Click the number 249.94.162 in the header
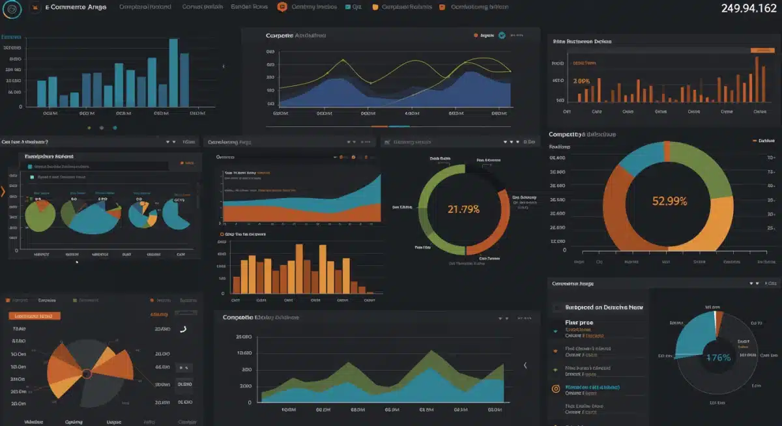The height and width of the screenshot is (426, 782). point(748,8)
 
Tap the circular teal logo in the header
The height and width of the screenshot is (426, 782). point(12,8)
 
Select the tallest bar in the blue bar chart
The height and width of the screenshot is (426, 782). point(173,72)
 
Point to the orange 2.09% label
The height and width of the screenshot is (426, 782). point(581,81)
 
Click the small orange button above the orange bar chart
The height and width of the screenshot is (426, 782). point(761,50)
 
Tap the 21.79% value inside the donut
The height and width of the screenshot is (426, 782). point(463,209)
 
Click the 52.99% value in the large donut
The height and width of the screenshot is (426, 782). point(669,201)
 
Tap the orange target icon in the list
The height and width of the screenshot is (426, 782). point(556,389)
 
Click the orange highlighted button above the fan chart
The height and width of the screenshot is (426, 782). point(35,316)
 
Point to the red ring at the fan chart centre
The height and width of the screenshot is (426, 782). point(85,374)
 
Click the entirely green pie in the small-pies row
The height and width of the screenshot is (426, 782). point(40,216)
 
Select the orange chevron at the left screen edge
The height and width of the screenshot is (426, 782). point(3,192)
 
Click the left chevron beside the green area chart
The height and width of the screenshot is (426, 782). point(526,365)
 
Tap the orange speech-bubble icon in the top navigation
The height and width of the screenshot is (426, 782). point(282,7)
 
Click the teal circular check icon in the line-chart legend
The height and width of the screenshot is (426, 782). point(502,36)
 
